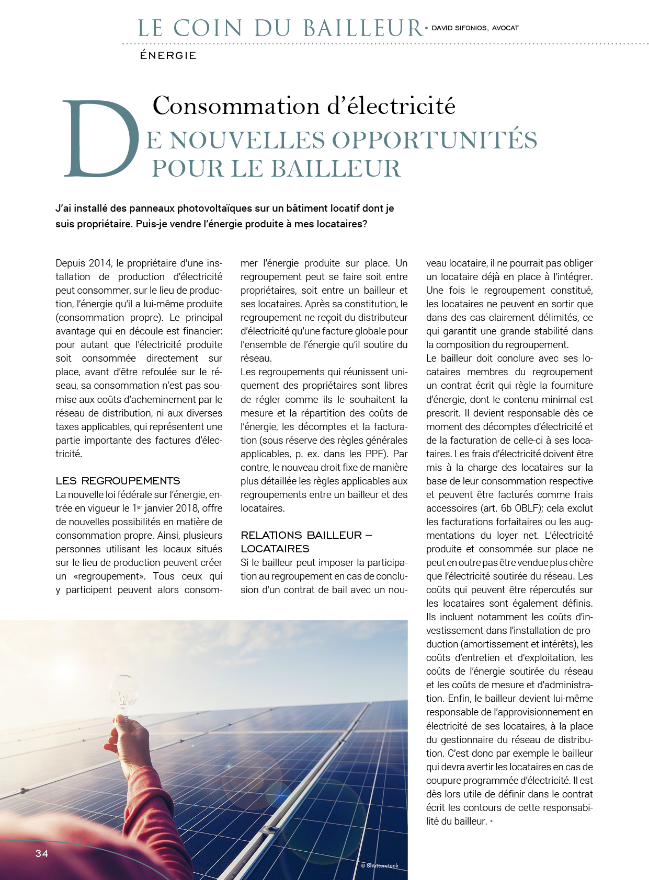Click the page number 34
click(x=42, y=853)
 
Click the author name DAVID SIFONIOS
click(x=460, y=28)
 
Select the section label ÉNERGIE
click(x=168, y=55)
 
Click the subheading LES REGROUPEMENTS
click(x=118, y=481)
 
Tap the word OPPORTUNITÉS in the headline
click(x=435, y=140)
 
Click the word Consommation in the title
click(x=236, y=106)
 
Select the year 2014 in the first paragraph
click(x=99, y=263)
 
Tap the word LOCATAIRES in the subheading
click(x=275, y=549)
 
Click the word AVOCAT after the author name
click(x=505, y=28)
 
